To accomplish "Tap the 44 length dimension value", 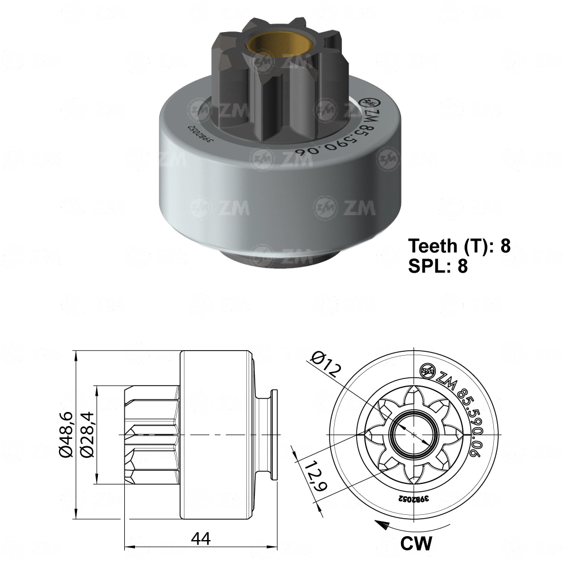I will [x=201, y=538].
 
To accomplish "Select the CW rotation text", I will [x=416, y=543].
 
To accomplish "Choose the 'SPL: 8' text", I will [x=438, y=266].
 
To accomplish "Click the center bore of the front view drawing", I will [x=414, y=434].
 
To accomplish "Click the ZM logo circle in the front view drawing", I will [x=428, y=370].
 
